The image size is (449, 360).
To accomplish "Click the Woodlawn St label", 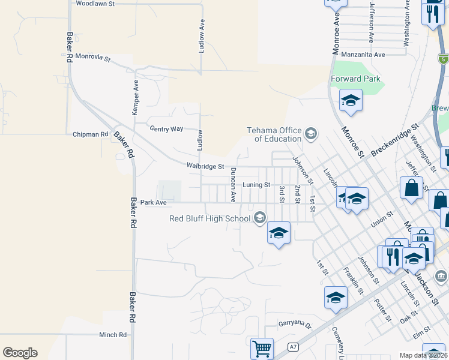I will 95,4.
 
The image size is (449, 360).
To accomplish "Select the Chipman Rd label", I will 90,134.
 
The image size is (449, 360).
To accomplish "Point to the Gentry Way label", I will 166,129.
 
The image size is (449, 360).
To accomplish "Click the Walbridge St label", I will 205,166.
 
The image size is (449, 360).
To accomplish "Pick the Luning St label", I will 256,185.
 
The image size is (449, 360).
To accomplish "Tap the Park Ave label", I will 152,203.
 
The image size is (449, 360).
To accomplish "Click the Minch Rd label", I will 113,335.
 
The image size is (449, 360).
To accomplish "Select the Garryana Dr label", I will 295,324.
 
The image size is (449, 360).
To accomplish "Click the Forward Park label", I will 355,79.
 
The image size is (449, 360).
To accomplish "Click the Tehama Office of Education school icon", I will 310,133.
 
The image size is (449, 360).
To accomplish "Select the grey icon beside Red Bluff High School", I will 259,217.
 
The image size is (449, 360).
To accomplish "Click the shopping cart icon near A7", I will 262,347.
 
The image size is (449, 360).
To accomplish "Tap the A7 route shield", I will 293,347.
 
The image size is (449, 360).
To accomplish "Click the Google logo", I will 20,353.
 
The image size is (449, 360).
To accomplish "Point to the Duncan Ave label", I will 234,184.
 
